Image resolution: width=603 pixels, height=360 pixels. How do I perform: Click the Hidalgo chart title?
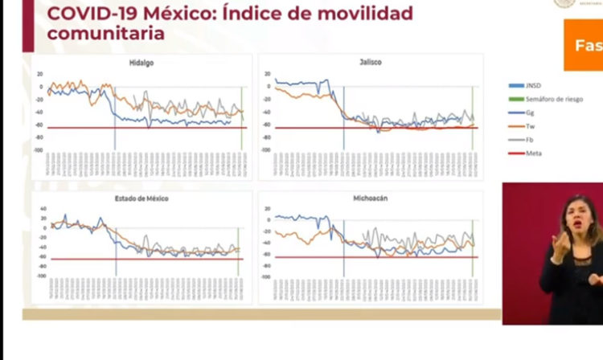click(x=142, y=62)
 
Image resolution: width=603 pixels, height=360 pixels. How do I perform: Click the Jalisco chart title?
click(x=371, y=62)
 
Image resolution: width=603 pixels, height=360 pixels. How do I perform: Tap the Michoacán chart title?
click(x=370, y=198)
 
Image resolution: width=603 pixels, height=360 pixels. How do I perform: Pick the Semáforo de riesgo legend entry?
click(x=549, y=98)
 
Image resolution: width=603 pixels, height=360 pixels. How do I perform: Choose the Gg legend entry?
click(x=530, y=112)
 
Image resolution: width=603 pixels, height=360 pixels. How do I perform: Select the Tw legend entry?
click(x=530, y=125)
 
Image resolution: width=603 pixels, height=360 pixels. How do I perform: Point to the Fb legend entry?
click(x=530, y=139)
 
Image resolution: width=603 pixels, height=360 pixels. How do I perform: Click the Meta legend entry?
click(x=532, y=153)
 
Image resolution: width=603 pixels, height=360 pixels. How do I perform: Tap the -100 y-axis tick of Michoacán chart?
click(x=265, y=277)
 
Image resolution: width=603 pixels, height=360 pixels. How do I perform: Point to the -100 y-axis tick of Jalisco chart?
click(x=265, y=149)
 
